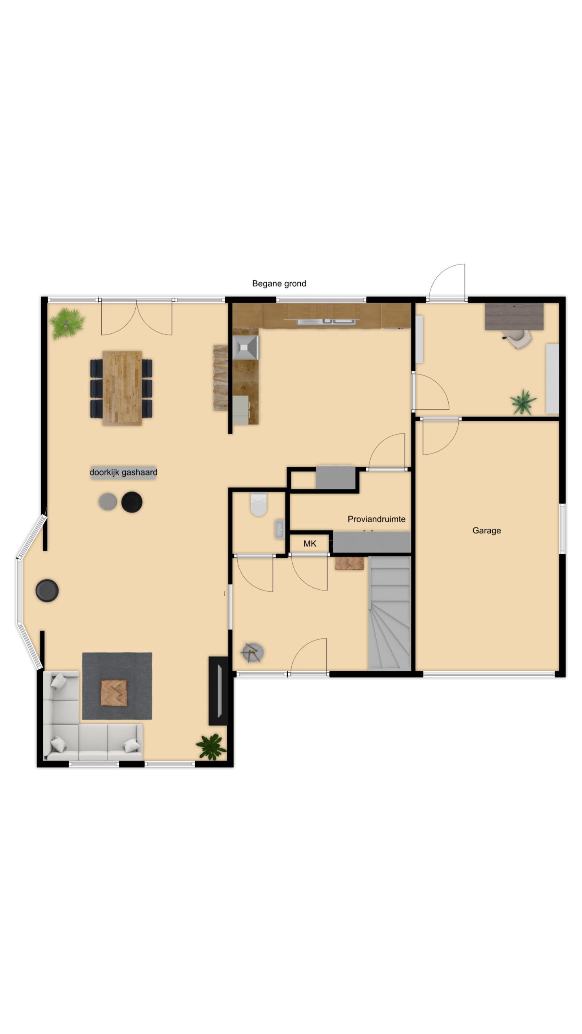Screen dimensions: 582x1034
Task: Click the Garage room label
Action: (487, 530)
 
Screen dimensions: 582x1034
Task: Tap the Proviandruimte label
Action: (376, 519)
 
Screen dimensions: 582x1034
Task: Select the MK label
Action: (310, 544)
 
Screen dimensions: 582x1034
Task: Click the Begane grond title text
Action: (279, 284)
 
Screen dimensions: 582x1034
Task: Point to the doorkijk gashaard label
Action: (123, 472)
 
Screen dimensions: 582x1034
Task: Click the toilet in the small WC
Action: (259, 504)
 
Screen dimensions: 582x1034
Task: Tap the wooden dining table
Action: (122, 388)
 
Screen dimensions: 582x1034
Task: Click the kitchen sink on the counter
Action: (326, 322)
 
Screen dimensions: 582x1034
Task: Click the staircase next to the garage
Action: (389, 613)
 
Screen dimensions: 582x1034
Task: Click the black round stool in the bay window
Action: (47, 591)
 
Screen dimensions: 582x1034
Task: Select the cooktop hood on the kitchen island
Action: (246, 347)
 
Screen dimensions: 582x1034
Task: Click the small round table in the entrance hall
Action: (252, 652)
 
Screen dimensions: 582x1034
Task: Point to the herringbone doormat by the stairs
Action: (350, 563)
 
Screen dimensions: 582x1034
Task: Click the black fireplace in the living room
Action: (218, 690)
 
